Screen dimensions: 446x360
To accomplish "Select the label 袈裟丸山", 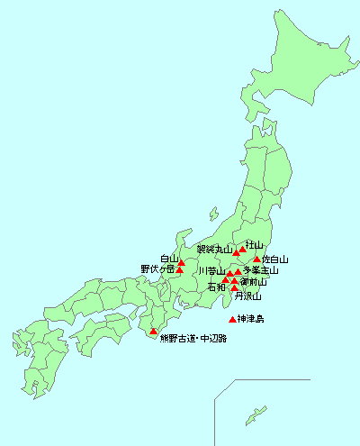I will tap(213, 249).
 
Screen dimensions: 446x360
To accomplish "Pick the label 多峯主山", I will tap(261, 270).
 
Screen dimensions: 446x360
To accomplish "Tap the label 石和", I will tap(216, 287).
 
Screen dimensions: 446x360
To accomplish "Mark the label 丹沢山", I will tap(247, 296).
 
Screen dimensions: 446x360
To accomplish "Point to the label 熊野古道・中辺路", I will tap(193, 340).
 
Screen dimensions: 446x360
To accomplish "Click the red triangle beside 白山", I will tap(181, 262).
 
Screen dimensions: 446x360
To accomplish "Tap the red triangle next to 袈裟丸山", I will tap(237, 252).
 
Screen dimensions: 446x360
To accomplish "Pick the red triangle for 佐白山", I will tap(257, 259).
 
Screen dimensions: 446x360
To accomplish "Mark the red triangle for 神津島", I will tap(233, 320).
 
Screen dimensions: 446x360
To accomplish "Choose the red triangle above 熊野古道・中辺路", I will tap(153, 332).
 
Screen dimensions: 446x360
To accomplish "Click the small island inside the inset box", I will tap(262, 408).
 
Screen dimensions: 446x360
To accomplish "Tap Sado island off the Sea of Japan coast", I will tap(213, 215).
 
